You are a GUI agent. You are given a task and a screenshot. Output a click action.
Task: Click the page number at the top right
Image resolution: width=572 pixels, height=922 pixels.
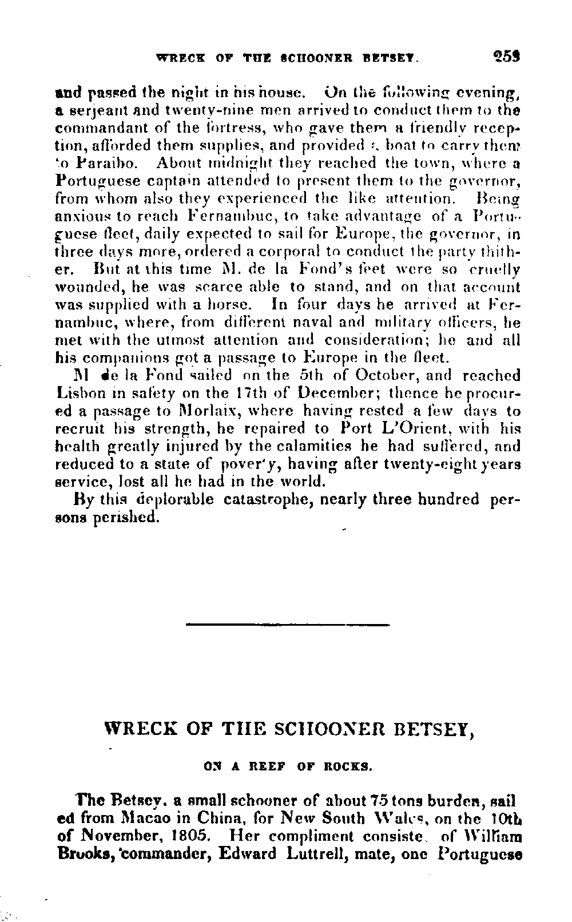coord(507,57)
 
